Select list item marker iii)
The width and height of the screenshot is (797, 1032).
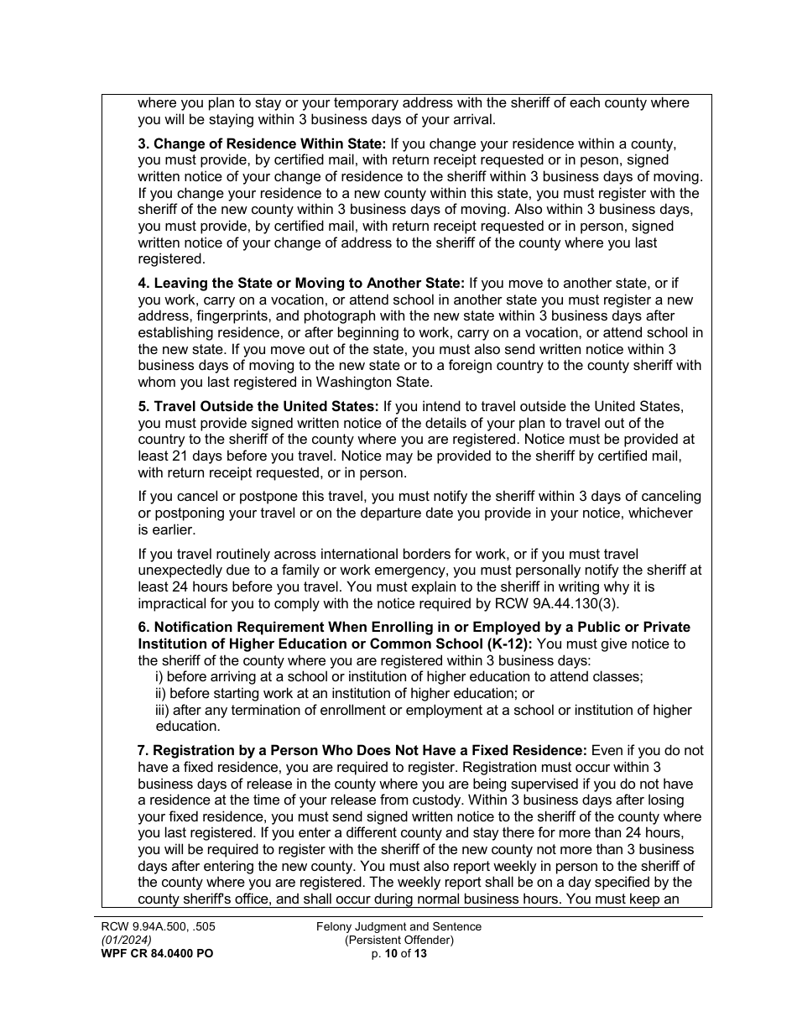164,710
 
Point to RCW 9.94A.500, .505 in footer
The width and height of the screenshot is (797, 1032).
154,926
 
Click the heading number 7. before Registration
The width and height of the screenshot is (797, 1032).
143,750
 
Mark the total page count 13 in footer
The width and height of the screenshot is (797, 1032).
420,953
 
